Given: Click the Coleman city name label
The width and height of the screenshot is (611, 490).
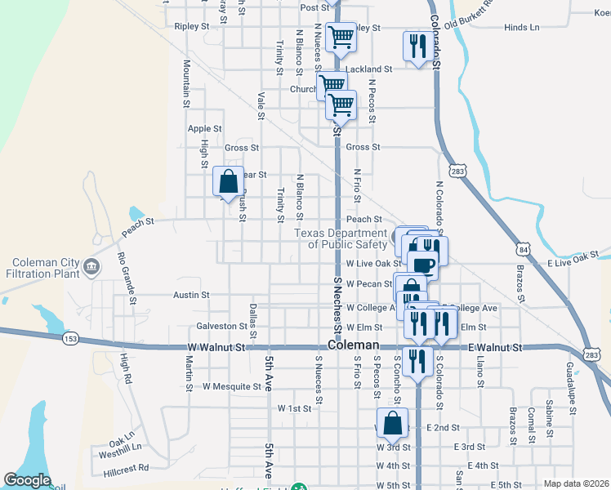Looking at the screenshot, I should pos(355,345).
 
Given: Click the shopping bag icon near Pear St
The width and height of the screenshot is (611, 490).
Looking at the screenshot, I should pos(228,182).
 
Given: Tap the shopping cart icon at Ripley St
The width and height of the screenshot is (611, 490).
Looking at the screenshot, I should pos(341,36).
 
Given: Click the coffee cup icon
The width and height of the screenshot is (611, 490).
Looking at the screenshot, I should pos(423,265).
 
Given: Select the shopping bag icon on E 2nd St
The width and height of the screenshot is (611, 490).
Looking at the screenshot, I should pos(392,423).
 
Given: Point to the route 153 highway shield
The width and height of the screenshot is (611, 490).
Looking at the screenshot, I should pos(68,336).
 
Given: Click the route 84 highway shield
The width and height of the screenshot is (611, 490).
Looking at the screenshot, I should pos(522,247).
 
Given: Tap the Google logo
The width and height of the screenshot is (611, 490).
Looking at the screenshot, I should pos(27,480).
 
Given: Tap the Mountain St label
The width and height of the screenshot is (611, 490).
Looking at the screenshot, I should pos(186,82).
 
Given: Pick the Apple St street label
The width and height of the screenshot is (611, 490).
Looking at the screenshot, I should pos(204,128).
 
